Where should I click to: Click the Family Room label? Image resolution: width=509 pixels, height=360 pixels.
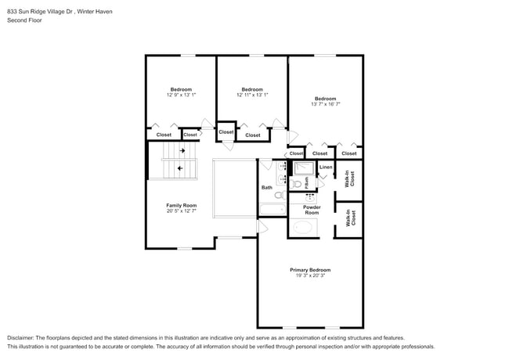[181, 205]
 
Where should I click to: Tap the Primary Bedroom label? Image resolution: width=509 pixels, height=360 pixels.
[310, 269]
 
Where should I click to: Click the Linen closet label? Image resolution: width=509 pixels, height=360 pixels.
[326, 167]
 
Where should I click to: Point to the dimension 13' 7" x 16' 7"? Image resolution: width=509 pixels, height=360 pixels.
[325, 103]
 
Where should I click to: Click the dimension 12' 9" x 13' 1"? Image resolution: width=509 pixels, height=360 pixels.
[181, 95]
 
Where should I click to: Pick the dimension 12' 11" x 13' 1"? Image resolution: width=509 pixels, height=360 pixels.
[252, 95]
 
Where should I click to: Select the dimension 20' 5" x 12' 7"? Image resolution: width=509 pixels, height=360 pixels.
[181, 211]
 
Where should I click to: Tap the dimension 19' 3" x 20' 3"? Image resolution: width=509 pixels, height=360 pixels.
[310, 275]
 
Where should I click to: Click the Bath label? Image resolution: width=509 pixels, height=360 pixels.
[267, 188]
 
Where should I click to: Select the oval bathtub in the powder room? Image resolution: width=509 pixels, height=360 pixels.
[302, 228]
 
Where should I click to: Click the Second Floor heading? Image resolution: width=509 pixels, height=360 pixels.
[24, 20]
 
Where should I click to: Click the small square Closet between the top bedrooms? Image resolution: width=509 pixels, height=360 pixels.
[226, 131]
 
